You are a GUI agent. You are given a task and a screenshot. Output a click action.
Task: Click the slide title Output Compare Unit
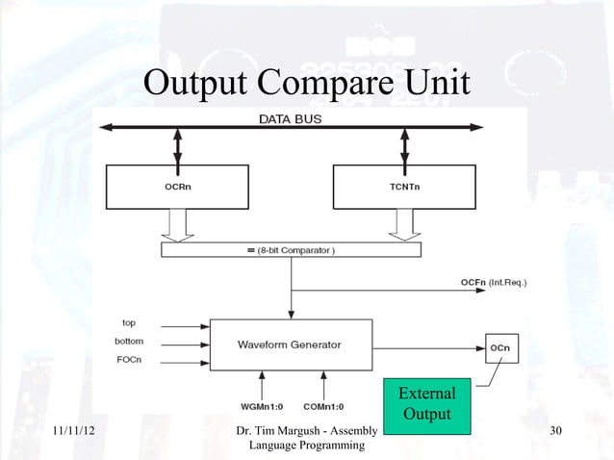pyautogui.click(x=307, y=84)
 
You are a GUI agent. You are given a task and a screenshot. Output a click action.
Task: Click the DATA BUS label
pyautogui.click(x=290, y=119)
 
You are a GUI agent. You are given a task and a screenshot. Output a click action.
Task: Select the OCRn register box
pyautogui.click(x=177, y=187)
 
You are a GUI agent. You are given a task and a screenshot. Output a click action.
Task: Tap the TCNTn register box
pyautogui.click(x=403, y=187)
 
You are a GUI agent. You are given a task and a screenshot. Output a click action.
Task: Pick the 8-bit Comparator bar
pyautogui.click(x=291, y=250)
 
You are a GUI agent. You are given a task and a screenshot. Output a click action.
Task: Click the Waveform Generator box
pyautogui.click(x=290, y=344)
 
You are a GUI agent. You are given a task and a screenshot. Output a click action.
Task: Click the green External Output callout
pyautogui.click(x=426, y=403)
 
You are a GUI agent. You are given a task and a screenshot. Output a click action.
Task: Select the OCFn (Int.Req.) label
pyautogui.click(x=499, y=282)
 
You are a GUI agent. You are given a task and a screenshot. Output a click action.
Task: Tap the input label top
pyautogui.click(x=129, y=321)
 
